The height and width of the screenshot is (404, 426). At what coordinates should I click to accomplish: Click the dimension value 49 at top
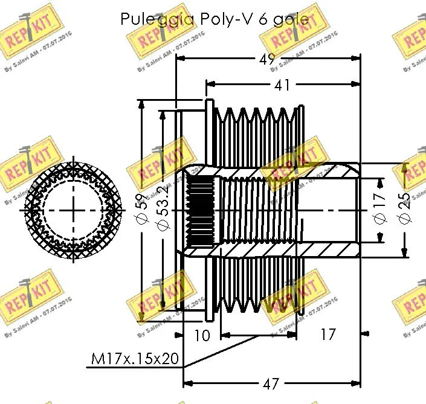266,59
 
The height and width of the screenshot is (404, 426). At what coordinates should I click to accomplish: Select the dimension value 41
282,85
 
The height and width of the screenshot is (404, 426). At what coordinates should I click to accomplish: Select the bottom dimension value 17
327,334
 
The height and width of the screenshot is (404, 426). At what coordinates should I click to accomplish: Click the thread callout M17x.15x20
135,359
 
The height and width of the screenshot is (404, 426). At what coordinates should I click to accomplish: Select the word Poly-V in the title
221,19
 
